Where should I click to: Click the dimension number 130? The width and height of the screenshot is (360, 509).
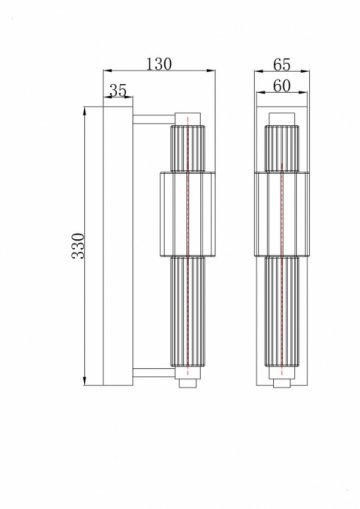[158, 64]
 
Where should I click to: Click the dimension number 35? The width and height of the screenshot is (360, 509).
[117, 91]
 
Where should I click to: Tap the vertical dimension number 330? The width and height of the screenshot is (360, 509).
[78, 244]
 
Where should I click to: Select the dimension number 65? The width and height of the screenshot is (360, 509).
[281, 64]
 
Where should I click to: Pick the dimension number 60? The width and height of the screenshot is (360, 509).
[281, 88]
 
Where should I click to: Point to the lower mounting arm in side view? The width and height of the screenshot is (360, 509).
[153, 374]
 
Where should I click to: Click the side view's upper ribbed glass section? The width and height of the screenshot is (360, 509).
[190, 146]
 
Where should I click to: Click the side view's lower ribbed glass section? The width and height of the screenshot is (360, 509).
[190, 314]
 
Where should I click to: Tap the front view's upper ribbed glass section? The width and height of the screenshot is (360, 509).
[281, 146]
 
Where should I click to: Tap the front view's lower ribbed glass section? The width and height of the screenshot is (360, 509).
[281, 314]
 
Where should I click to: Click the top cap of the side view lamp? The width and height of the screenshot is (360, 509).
[190, 117]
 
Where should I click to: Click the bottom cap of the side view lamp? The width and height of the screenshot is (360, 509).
[190, 379]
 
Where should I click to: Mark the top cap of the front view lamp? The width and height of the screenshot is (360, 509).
[281, 117]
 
